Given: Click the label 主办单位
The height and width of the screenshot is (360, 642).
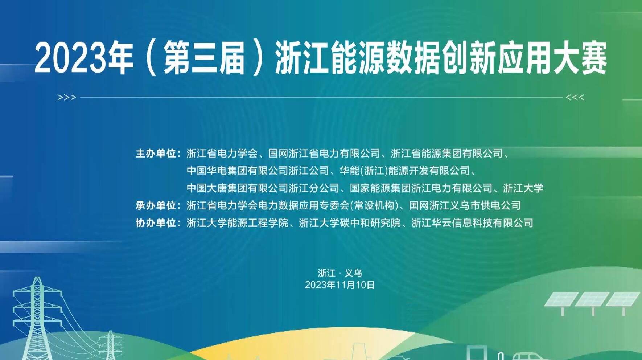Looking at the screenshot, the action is point(156,154).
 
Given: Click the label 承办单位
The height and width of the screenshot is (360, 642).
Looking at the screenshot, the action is point(156,205).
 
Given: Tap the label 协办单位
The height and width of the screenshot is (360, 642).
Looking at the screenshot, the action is point(156,222).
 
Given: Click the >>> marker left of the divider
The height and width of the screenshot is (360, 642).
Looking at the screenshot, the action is point(67,97).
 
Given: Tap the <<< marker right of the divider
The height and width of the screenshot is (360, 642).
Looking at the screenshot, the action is point(575,97).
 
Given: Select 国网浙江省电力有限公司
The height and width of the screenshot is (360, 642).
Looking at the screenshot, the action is point(324,154).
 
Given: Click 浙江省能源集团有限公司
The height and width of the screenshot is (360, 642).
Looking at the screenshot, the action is point(447,154).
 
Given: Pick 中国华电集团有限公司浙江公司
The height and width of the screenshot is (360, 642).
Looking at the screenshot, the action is point(258,171).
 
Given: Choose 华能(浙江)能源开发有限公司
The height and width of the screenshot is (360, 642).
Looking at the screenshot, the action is point(405,171).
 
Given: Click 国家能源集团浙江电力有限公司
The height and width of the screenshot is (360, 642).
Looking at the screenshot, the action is point(421,188).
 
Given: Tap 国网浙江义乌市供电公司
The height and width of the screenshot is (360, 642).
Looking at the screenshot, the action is point(465,205).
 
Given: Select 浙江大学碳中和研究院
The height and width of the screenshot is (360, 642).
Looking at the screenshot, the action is point(350,222).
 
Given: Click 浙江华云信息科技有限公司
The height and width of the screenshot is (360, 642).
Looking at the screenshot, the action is point(472,222).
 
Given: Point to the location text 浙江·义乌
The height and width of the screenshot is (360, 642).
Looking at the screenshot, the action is point(340,273).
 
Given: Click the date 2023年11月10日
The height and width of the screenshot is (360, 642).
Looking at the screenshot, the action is point(340,285).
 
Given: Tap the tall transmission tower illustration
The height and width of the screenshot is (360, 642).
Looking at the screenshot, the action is point(37,318).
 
